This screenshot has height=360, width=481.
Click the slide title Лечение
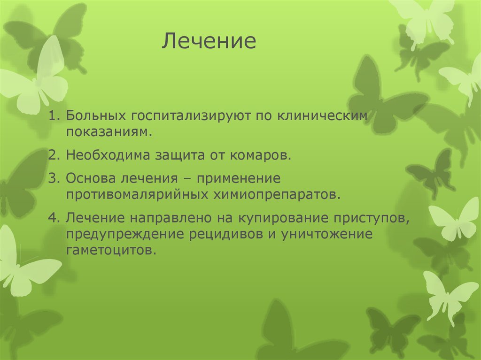(x=209, y=41)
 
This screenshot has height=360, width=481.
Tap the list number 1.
(x=52, y=116)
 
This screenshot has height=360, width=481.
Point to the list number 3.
(x=52, y=179)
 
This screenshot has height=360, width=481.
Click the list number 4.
(x=52, y=218)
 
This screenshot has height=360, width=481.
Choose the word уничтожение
(x=327, y=234)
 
